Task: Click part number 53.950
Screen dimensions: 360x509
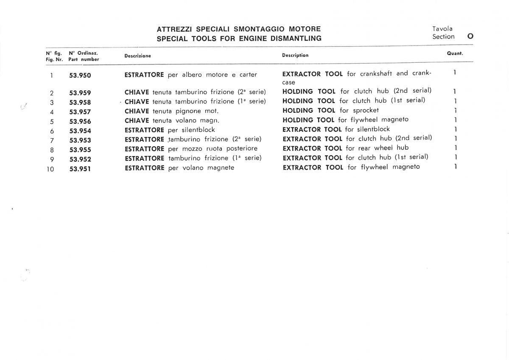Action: (x=80, y=76)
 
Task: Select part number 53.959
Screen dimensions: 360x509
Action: (x=80, y=93)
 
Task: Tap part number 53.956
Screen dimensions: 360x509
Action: (x=80, y=121)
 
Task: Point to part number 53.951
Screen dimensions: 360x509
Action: (x=80, y=169)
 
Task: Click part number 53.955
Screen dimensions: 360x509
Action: (x=80, y=150)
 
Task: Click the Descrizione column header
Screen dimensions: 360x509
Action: (x=137, y=56)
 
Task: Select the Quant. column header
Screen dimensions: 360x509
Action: (x=455, y=54)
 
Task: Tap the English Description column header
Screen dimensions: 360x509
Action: (x=295, y=55)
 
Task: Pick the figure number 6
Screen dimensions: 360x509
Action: (x=52, y=131)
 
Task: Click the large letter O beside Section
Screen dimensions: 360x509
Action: (x=470, y=36)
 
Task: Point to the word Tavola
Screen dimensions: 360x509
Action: (x=442, y=29)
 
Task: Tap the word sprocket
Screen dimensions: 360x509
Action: (x=366, y=110)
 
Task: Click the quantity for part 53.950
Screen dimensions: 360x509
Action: (x=454, y=73)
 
